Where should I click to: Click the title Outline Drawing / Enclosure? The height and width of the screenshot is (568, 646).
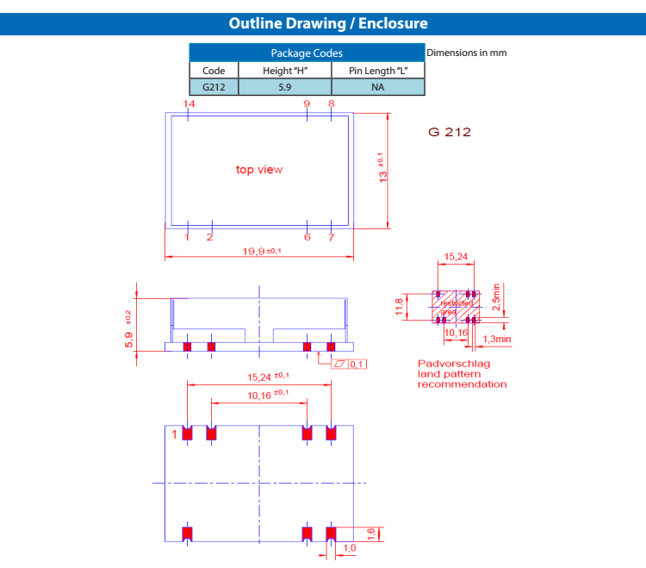click(328, 23)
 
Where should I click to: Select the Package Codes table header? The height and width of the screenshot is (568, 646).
click(307, 53)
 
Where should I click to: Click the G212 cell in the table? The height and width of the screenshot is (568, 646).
click(214, 87)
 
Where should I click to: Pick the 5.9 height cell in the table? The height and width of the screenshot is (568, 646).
click(284, 87)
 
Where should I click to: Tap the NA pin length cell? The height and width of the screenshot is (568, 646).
click(377, 87)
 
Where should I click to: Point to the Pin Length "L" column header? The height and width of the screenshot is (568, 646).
click(377, 70)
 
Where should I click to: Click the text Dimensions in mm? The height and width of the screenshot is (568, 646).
click(467, 53)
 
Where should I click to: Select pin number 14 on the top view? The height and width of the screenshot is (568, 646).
click(189, 103)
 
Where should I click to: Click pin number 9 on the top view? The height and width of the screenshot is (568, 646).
click(307, 103)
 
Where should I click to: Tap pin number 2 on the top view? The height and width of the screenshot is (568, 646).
click(209, 237)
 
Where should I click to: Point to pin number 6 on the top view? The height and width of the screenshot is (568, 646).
click(307, 237)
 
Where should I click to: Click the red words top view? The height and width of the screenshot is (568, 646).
click(259, 170)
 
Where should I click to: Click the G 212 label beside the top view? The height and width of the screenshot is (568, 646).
click(450, 133)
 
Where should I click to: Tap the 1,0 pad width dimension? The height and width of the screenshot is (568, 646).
click(350, 548)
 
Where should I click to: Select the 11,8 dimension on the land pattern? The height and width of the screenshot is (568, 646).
click(399, 308)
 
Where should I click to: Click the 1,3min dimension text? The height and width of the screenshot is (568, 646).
click(497, 340)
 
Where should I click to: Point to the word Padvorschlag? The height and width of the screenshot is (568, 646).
click(454, 364)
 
